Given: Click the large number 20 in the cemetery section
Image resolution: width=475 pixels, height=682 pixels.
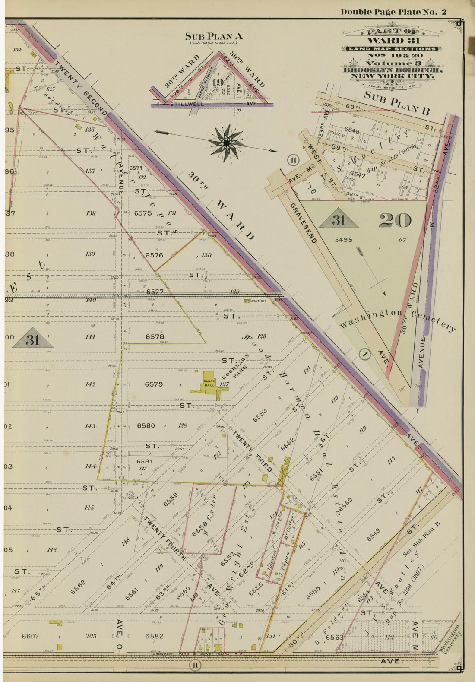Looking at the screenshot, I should [x=395, y=221].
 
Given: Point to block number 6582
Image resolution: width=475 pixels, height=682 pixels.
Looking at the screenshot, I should [x=154, y=636].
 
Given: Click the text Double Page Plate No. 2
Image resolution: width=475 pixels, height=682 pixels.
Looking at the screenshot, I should [x=393, y=12].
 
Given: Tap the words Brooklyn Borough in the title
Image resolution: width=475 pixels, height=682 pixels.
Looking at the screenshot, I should [x=392, y=70].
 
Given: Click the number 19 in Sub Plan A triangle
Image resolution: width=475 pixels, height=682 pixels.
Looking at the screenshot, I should [x=218, y=82].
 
